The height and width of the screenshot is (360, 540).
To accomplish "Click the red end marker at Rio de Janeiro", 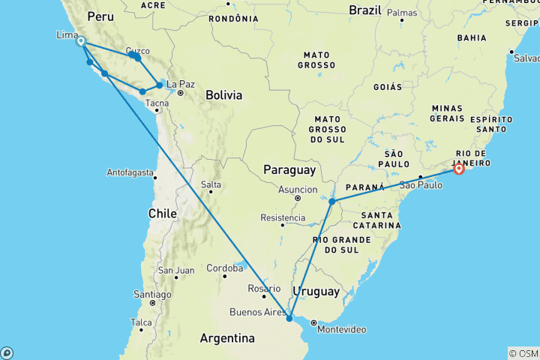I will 459,169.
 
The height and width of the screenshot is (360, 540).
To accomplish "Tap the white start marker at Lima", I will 80,42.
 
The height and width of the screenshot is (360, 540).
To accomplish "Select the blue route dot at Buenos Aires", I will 289,319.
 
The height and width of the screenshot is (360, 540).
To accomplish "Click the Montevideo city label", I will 342,330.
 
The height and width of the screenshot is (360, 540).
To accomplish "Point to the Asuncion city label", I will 298,190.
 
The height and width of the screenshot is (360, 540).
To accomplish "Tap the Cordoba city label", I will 224,268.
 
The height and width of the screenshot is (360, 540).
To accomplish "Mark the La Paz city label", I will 181,84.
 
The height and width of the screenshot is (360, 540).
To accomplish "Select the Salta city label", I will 211,184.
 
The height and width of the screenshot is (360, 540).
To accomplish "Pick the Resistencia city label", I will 283,217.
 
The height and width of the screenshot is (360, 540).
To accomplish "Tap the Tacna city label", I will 157,103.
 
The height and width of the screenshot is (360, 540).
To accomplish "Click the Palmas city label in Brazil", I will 403,13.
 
